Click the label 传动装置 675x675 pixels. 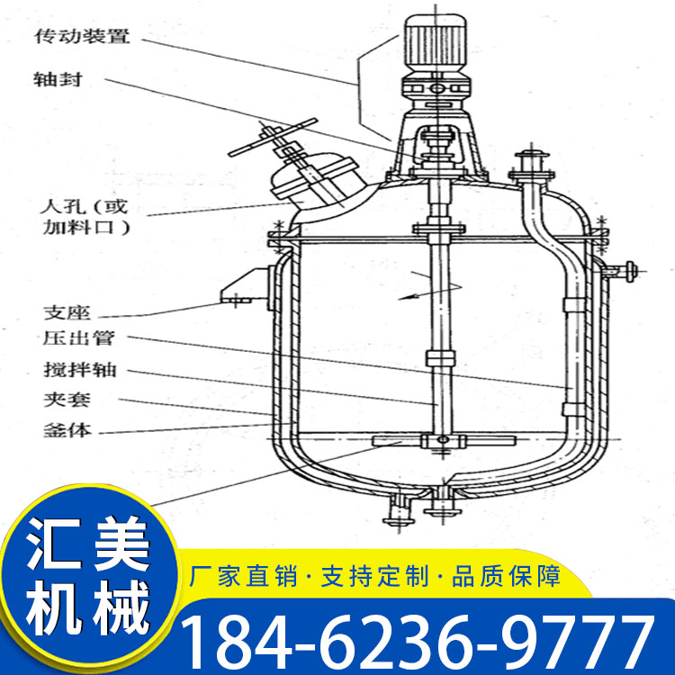(82, 36)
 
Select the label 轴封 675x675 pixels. (58, 79)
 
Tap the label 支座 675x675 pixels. (67, 313)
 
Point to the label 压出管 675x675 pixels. (79, 338)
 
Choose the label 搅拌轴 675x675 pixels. (80, 370)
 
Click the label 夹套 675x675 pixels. (67, 400)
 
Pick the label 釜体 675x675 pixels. (67, 430)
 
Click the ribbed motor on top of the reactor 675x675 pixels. (436, 43)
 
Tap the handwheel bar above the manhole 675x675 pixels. (273, 137)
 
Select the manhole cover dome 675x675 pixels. (313, 178)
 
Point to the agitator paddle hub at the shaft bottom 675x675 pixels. (442, 440)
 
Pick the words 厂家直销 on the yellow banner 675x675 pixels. (243, 576)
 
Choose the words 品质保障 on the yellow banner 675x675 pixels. (506, 576)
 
